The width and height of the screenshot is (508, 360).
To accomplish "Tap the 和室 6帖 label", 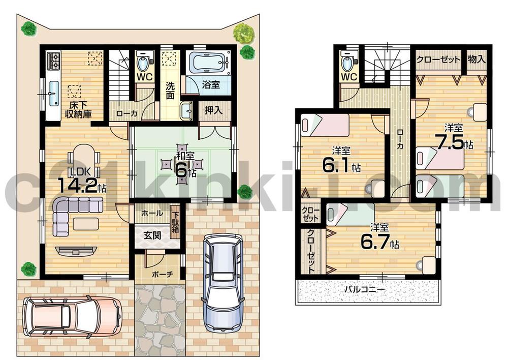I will [184, 165].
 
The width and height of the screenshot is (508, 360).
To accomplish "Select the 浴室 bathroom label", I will [212, 85].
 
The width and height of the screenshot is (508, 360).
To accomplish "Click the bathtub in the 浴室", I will [207, 65].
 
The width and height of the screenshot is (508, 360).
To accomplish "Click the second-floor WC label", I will [348, 77].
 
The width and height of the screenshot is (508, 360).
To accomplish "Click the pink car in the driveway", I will [72, 316].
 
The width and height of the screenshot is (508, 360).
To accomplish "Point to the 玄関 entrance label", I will [150, 235].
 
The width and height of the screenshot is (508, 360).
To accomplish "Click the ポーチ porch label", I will [163, 274].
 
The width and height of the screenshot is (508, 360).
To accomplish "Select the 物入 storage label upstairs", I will [476, 58].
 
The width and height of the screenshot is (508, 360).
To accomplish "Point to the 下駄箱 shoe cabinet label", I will [175, 219].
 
